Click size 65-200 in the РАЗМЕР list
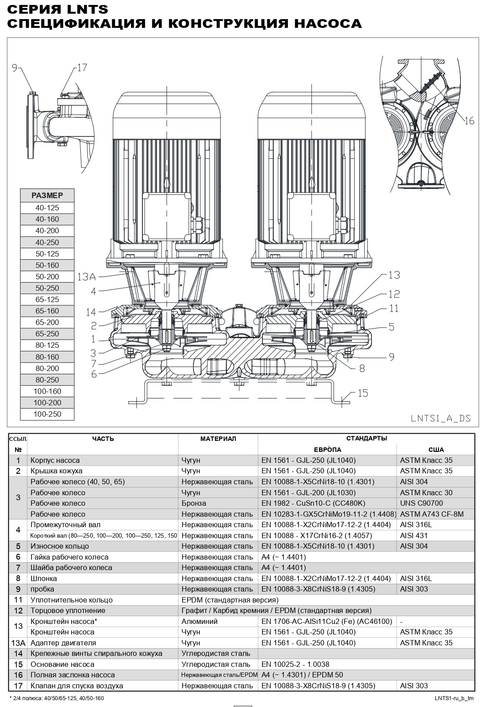pos(47,322)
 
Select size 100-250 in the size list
pos(47,414)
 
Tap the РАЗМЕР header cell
pos(47,195)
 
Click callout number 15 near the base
pos(362,393)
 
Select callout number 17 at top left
pos(81,68)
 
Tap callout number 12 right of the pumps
pos(394,294)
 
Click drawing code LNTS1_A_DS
pos(440,418)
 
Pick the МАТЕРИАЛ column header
pos(218,439)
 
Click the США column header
pos(436,450)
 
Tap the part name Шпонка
pos(44,578)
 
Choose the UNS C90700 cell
pos(421,503)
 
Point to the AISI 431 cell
pos(414,535)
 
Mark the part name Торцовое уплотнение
pos(68,610)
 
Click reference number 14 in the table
pos(18,654)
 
